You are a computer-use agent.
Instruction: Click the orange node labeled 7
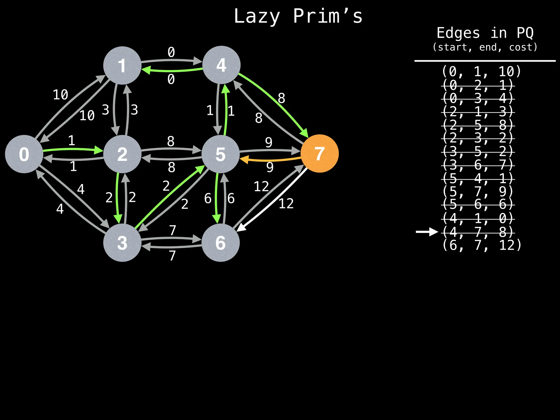(x=319, y=153)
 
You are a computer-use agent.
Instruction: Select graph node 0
(x=24, y=154)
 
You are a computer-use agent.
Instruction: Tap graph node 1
(x=122, y=65)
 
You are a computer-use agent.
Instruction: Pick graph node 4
(x=221, y=65)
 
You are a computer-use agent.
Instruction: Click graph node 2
(x=122, y=154)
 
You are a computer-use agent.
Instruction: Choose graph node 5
(x=220, y=154)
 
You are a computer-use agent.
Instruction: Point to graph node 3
(x=122, y=243)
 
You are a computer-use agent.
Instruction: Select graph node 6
(x=220, y=243)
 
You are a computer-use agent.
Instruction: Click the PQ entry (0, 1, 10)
(x=482, y=71)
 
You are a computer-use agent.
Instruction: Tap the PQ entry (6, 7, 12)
(x=482, y=245)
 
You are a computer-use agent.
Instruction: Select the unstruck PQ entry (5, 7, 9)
(x=478, y=191)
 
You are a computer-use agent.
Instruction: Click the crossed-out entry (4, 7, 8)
(x=478, y=232)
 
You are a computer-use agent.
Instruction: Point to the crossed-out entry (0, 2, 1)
(x=478, y=85)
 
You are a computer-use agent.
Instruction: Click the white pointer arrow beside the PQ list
(x=427, y=232)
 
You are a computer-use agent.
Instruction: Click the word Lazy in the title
(x=257, y=16)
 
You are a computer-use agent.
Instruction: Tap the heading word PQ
(x=525, y=33)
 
